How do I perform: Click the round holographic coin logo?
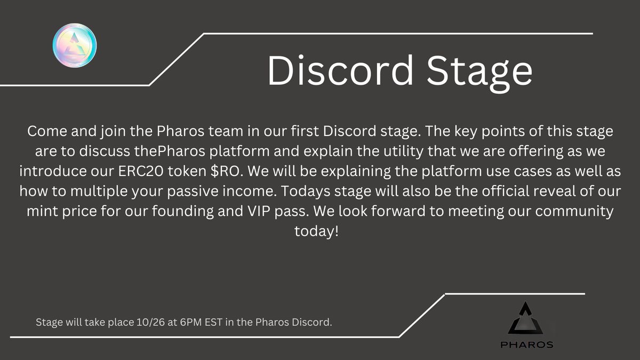click(75, 45)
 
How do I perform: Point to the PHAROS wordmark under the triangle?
click(526, 345)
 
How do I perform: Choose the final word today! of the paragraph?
click(316, 231)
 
